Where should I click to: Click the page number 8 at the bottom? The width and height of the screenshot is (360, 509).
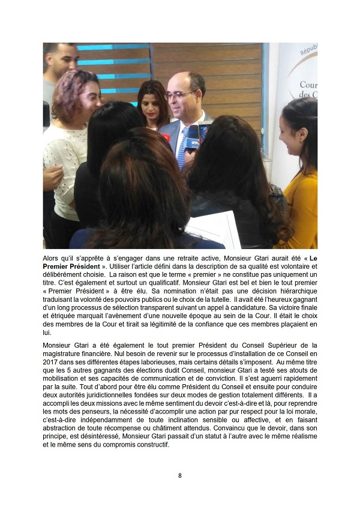pyautogui.click(x=180, y=475)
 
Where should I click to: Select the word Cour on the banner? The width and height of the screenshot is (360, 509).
pyautogui.click(x=308, y=85)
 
